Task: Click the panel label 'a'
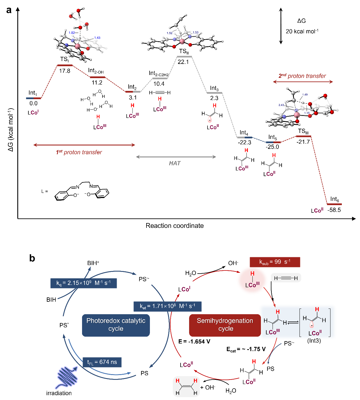[x=9, y=10]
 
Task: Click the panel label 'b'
[x=32, y=258]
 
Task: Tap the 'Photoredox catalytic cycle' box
[x=116, y=325]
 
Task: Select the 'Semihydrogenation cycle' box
[x=225, y=325]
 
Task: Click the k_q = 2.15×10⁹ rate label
[x=83, y=283]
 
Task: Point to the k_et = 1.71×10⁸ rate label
[x=168, y=306]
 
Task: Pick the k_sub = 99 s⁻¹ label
[x=275, y=262]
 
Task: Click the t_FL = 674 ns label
[x=102, y=362]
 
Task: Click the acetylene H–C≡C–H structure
[x=286, y=278]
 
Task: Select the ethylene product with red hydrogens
[x=186, y=387]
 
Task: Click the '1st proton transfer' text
[x=79, y=152]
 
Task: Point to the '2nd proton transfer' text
[x=302, y=76]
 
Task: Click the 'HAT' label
[x=175, y=163]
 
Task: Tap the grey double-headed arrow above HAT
[x=176, y=157]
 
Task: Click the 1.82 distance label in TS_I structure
[x=72, y=33]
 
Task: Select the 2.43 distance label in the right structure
[x=281, y=105]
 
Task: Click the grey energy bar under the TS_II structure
[x=184, y=57]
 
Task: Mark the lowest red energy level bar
[x=334, y=204]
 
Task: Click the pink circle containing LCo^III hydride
[x=252, y=281]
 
